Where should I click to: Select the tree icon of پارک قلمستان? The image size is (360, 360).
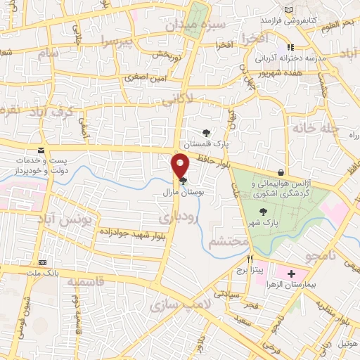[x=206, y=131]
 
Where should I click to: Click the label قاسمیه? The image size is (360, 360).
[x=90, y=281]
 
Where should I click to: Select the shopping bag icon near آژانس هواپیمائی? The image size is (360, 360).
[x=281, y=172]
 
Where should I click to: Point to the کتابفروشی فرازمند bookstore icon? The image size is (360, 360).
[x=290, y=10]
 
